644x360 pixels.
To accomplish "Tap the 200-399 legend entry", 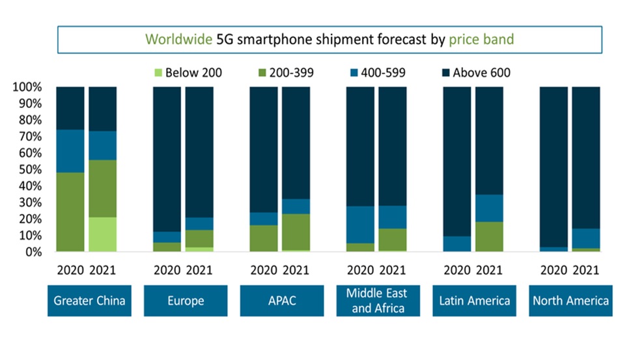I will click(x=290, y=73).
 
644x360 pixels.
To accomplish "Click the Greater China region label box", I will click(x=90, y=301).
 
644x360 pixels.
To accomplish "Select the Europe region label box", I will click(x=186, y=301).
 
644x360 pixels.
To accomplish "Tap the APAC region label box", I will click(x=281, y=301).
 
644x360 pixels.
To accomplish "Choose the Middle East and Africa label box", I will click(x=378, y=301).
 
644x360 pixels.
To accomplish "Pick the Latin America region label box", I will click(x=473, y=301).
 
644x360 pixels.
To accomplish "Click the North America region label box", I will click(x=570, y=301).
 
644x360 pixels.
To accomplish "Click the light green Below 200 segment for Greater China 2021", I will click(x=103, y=234).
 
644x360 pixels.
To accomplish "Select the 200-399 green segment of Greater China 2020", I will click(x=70, y=212).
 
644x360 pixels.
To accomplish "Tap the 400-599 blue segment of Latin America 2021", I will click(x=488, y=208).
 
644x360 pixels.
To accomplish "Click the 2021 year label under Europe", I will click(x=199, y=268).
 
